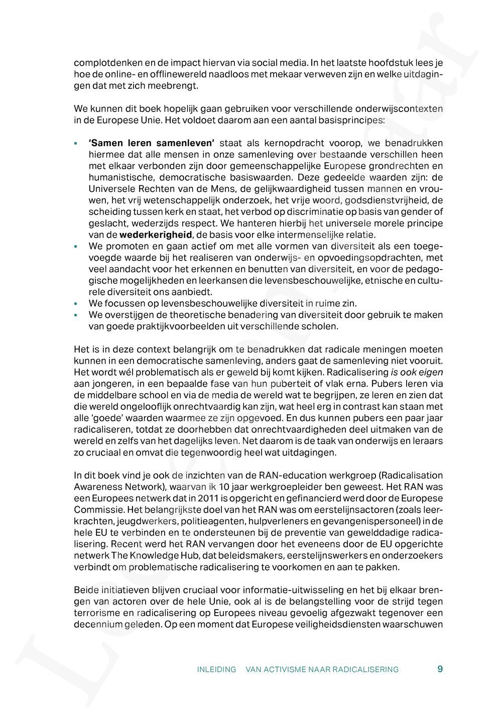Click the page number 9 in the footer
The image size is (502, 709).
click(x=440, y=669)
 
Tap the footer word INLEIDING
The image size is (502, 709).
click(x=216, y=669)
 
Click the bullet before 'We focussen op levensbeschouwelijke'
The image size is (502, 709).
click(x=76, y=304)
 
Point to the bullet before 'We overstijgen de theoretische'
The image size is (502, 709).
click(x=76, y=315)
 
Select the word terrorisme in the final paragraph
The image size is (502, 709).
click(x=96, y=613)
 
